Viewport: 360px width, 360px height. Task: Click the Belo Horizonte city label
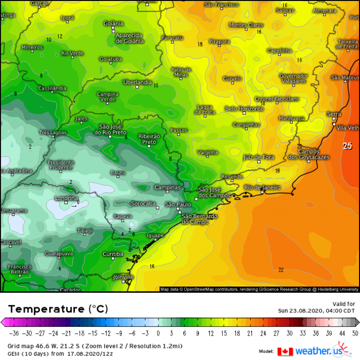click(244, 109)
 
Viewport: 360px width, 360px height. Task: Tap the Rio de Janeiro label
click(262, 187)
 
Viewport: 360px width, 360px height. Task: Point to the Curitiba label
click(113, 254)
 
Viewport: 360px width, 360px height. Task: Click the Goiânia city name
click(113, 23)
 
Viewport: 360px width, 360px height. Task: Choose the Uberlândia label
click(137, 83)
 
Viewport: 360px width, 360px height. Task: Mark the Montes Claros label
click(246, 25)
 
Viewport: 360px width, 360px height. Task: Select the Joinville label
click(124, 277)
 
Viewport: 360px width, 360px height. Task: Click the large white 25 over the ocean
click(348, 146)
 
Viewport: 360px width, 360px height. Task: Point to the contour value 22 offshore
click(281, 269)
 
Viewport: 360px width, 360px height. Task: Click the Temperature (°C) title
click(58, 309)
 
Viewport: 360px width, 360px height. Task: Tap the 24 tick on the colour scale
click(264, 333)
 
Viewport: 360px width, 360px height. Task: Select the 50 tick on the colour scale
click(354, 333)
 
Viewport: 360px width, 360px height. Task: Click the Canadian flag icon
click(285, 352)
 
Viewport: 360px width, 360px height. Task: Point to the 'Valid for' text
click(344, 303)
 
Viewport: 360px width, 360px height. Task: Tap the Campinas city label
click(167, 187)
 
